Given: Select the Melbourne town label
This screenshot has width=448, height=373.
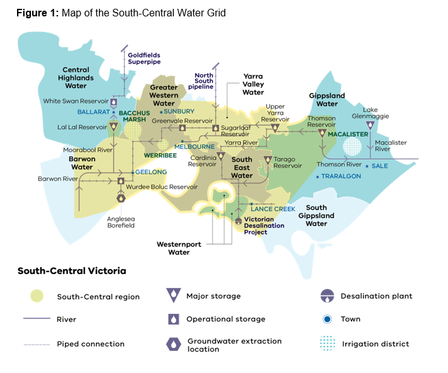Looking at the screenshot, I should (x=199, y=146).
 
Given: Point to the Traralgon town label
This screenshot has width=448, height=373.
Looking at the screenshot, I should (x=340, y=176).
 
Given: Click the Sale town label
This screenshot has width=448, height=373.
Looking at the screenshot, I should (x=380, y=166).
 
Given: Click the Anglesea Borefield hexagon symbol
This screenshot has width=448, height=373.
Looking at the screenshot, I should (x=120, y=197).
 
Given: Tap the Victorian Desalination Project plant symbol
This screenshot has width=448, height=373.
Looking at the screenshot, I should (x=238, y=221).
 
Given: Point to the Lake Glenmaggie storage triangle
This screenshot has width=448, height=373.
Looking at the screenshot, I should (x=370, y=125).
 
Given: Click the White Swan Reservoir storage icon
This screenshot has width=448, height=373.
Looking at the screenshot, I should (x=114, y=101).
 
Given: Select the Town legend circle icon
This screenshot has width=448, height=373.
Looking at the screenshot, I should (x=326, y=319).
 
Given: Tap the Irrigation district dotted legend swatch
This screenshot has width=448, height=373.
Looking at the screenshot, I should (x=326, y=343).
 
